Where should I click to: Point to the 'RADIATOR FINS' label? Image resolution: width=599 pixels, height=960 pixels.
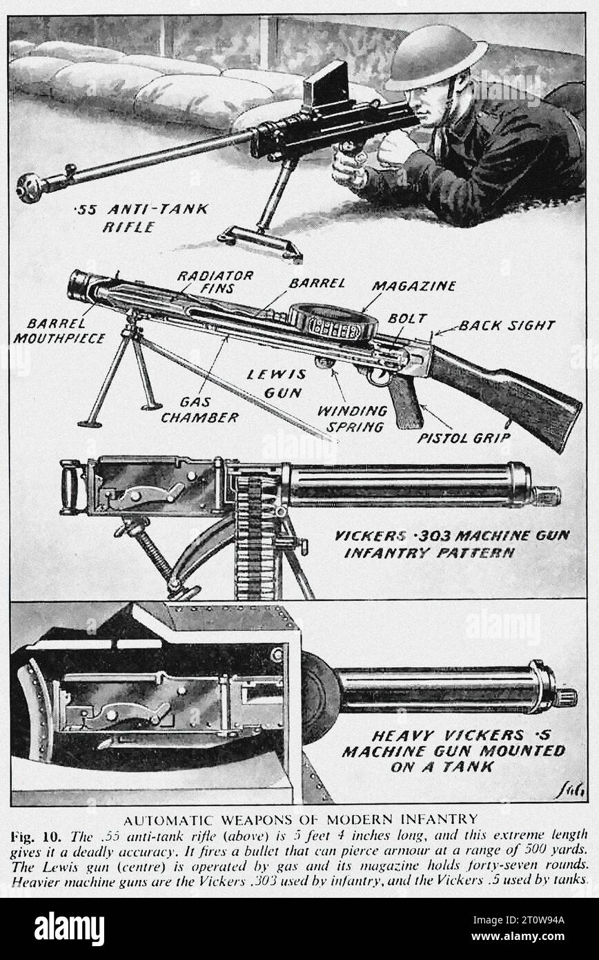tap(215, 282)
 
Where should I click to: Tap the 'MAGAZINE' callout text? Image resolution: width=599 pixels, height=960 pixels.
tap(413, 285)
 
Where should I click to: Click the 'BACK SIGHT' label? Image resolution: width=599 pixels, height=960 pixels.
tap(507, 325)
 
